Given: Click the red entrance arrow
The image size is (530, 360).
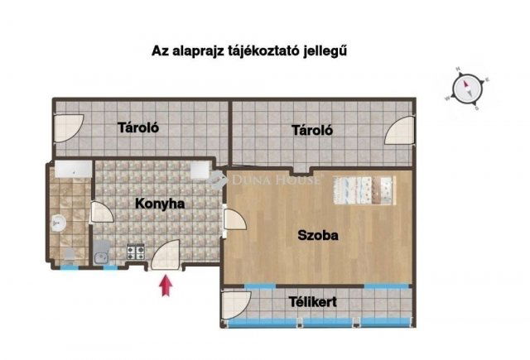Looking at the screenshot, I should (x=166, y=285).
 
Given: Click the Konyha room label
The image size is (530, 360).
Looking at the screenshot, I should (x=160, y=202).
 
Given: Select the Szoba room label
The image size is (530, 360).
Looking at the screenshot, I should (x=318, y=235).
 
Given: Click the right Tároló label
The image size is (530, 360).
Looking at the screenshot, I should (x=311, y=130).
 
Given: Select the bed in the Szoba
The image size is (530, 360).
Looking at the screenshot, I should (x=364, y=190).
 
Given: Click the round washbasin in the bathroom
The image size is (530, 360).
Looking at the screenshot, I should (x=58, y=221).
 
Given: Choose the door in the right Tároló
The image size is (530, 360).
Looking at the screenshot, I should (x=401, y=129).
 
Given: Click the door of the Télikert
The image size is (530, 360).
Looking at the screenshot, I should (x=235, y=304).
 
